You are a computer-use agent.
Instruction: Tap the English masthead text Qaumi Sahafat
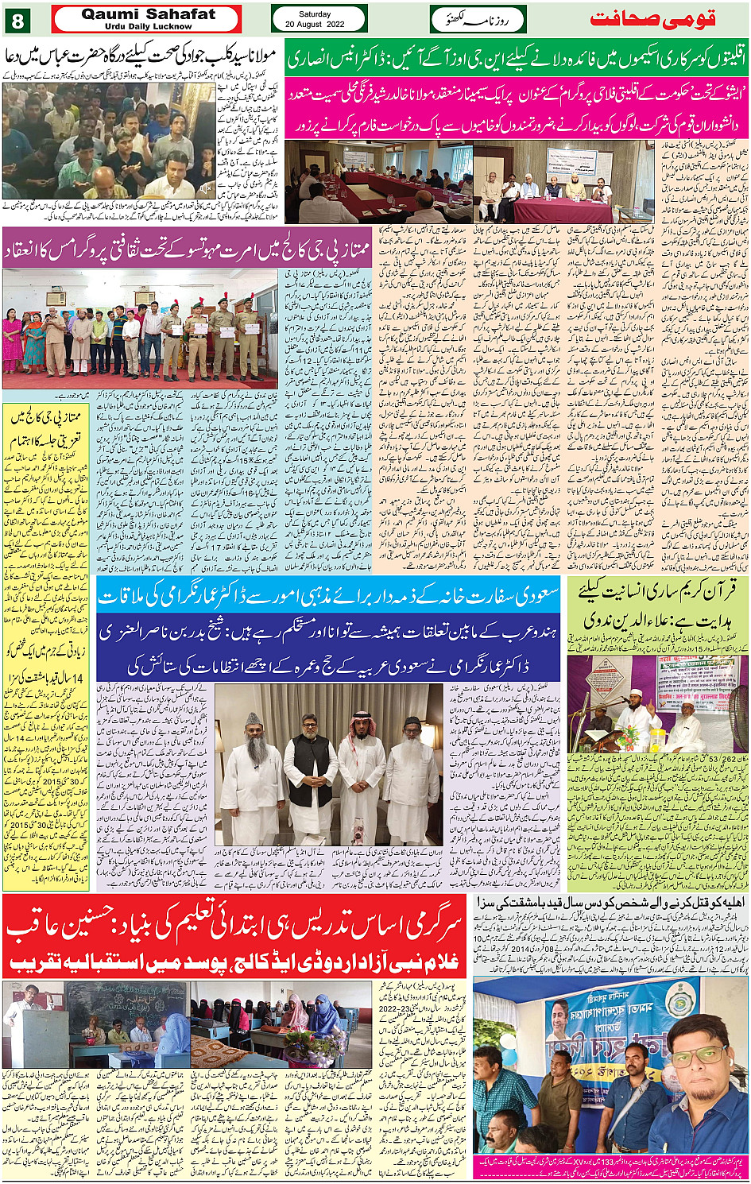pos(149,14)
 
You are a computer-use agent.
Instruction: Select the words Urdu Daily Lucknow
pos(149,26)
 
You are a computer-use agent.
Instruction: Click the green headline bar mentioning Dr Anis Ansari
pos(517,59)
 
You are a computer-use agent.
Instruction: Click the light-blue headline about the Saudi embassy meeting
pos(328,595)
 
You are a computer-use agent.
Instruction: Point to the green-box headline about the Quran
pos(658,604)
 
